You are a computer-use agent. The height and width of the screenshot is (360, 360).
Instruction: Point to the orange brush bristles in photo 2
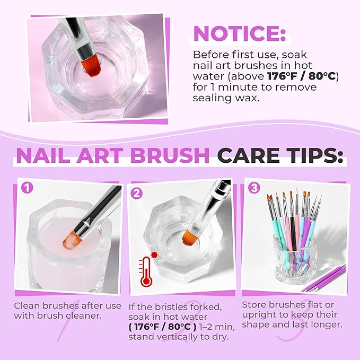point(192,235)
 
